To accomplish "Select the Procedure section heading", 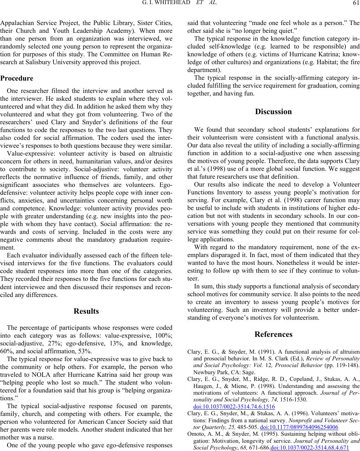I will [17, 79].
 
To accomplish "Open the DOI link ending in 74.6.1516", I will [221, 404].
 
